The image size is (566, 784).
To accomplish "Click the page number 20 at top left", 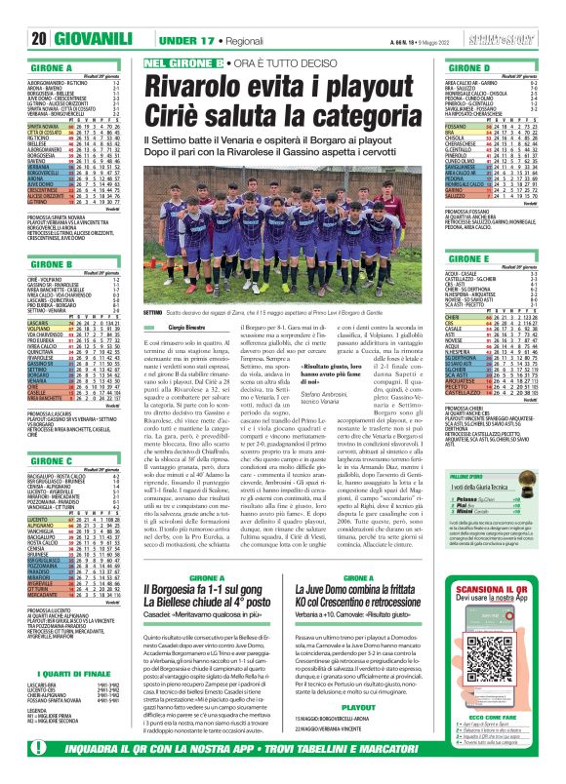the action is click(20, 38).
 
